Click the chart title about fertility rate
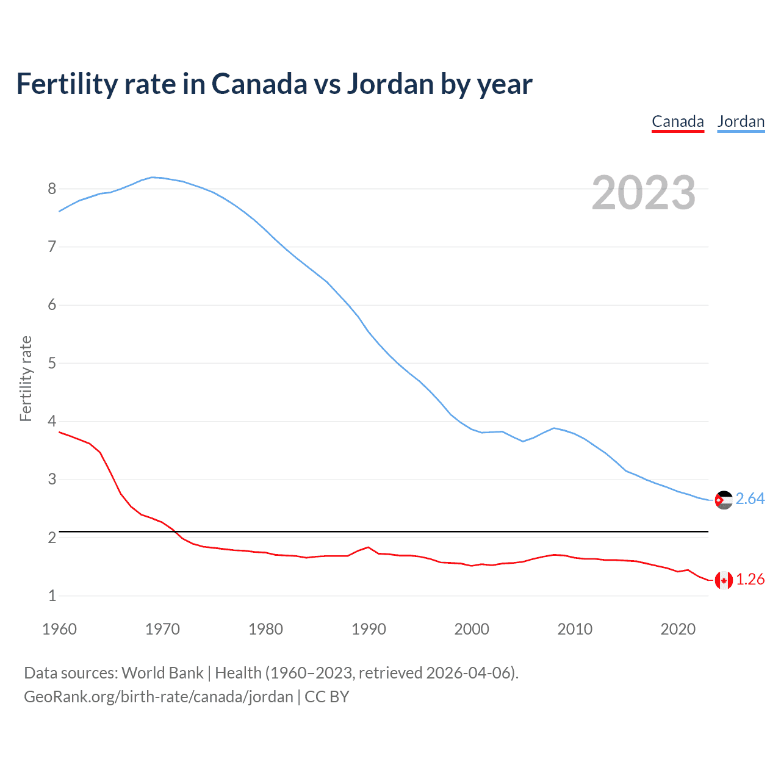(274, 84)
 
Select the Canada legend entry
(678, 121)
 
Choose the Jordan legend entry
(741, 121)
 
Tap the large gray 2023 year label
(643, 193)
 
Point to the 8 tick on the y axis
(52, 189)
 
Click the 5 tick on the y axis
(52, 363)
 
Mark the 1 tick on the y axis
(52, 596)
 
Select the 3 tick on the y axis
(52, 480)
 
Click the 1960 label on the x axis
(59, 629)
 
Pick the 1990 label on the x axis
(369, 629)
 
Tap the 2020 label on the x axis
(678, 629)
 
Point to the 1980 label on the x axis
(265, 629)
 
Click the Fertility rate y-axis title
(26, 378)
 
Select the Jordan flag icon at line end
(724, 500)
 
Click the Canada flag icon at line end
(724, 580)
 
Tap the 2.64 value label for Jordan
(750, 499)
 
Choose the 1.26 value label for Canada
(750, 580)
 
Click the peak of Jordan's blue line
(153, 177)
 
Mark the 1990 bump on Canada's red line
(368, 547)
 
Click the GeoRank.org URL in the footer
(159, 697)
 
